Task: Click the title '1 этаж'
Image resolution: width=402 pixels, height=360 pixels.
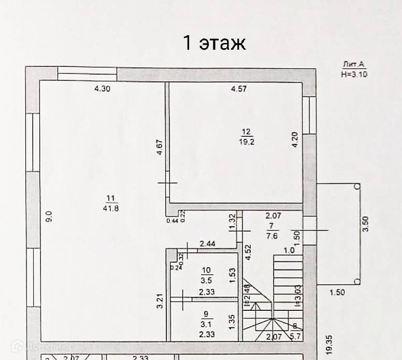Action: coord(214,42)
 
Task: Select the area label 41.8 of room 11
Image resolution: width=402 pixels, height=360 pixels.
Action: coord(110,208)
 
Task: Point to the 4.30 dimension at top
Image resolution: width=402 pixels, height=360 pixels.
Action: coord(102,89)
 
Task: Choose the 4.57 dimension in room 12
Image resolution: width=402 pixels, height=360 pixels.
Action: coord(238,89)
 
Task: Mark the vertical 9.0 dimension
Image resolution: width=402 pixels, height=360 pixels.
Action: coord(49,216)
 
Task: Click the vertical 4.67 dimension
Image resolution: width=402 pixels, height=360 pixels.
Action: coord(160,148)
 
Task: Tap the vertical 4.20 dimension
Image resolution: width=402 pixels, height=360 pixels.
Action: coord(295,141)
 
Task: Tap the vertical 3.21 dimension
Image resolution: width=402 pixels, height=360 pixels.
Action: coord(160,302)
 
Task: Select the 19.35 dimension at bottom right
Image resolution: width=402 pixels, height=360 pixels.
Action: coord(331,345)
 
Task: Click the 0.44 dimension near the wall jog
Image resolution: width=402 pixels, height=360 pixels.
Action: coord(172,221)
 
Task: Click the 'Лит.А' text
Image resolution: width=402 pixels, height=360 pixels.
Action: coord(354,65)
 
